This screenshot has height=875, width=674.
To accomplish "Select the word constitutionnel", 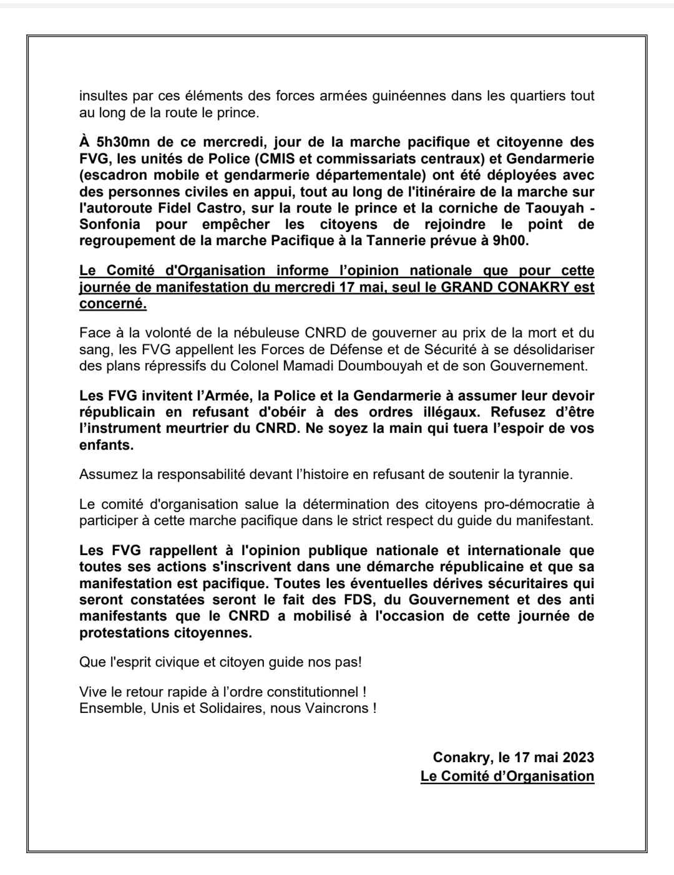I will coord(311,692).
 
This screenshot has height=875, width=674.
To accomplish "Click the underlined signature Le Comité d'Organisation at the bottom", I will coord(507,776).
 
